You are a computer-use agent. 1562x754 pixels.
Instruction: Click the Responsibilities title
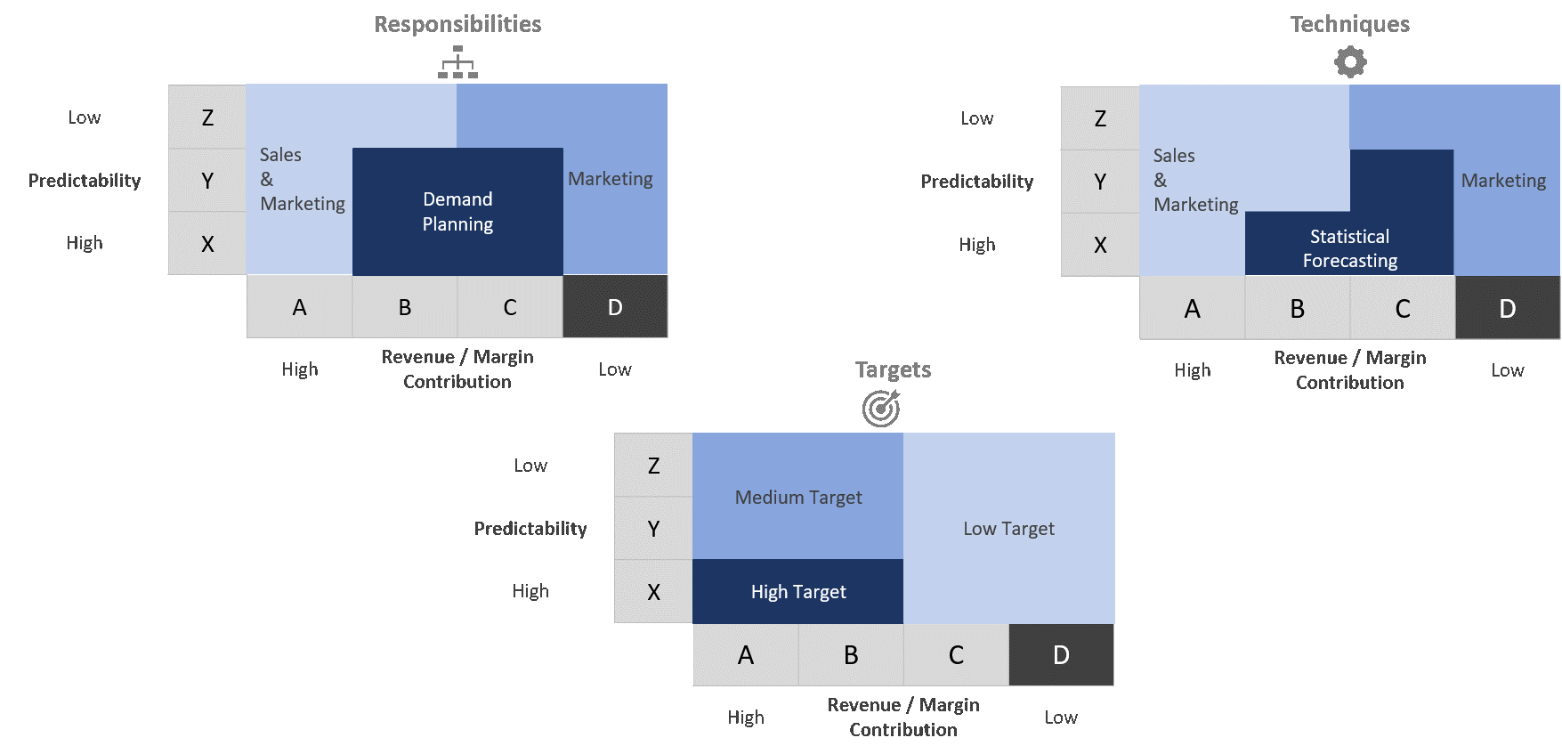(457, 24)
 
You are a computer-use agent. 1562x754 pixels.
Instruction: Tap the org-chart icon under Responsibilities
(457, 62)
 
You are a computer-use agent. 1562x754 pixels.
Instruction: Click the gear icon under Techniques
(1350, 62)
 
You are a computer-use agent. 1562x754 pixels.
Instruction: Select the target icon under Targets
(881, 409)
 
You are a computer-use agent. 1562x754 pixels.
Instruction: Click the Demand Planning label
(457, 212)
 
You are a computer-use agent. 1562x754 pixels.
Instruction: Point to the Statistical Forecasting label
(1349, 248)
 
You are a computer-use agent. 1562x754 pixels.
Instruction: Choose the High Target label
(798, 592)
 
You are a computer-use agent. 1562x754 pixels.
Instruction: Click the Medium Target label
(798, 498)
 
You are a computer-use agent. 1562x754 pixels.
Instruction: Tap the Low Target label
(1008, 529)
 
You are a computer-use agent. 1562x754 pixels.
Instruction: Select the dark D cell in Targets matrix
(1061, 655)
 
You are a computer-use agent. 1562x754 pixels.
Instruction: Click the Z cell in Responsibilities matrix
(207, 118)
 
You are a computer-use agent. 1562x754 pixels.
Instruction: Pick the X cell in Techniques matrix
(1100, 246)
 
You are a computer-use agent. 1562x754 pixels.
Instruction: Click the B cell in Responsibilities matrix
(405, 307)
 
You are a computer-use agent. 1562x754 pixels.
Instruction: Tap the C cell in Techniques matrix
(1403, 309)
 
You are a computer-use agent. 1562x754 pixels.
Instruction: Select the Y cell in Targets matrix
(653, 529)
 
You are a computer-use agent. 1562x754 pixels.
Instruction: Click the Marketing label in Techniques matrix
(1503, 181)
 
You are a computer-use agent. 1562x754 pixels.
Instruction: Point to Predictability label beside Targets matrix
(530, 529)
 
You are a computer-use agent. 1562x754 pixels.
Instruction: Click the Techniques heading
(1349, 24)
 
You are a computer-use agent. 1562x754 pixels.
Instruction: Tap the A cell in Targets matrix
(746, 655)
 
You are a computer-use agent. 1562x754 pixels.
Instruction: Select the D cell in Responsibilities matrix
(615, 307)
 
